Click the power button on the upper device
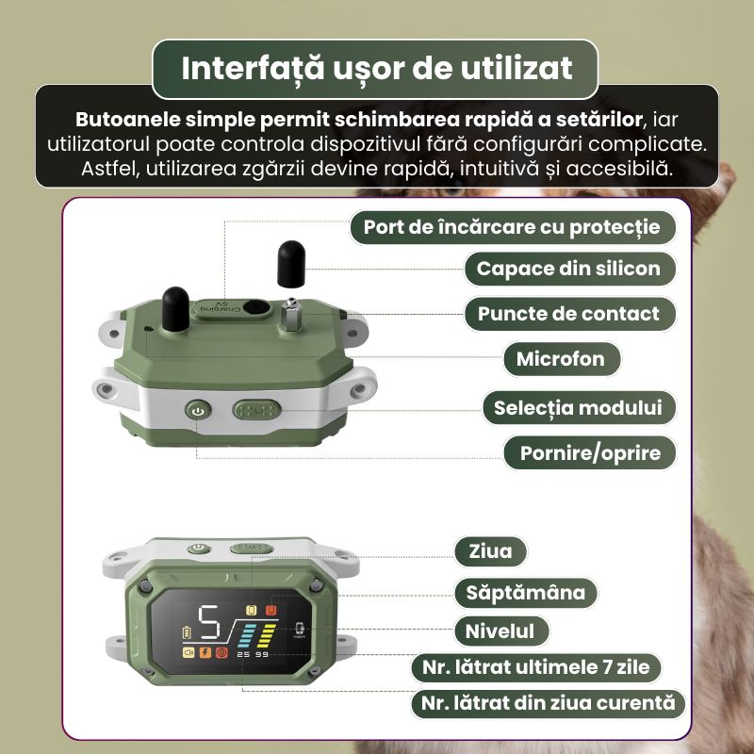(x=198, y=411)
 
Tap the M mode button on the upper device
(x=256, y=411)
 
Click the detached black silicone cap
(x=291, y=264)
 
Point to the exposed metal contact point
(x=291, y=315)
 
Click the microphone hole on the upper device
(x=148, y=329)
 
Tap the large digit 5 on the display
(x=209, y=622)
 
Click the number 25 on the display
(x=243, y=654)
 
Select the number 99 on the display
(x=262, y=654)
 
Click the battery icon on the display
(x=187, y=632)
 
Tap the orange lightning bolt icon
(x=205, y=652)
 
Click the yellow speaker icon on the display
(x=188, y=652)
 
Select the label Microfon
(x=562, y=359)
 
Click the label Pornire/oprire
(x=590, y=453)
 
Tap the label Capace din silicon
(x=569, y=269)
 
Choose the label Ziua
(x=490, y=551)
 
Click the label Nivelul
(x=501, y=631)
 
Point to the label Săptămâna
(x=526, y=593)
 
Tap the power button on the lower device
(x=199, y=549)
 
